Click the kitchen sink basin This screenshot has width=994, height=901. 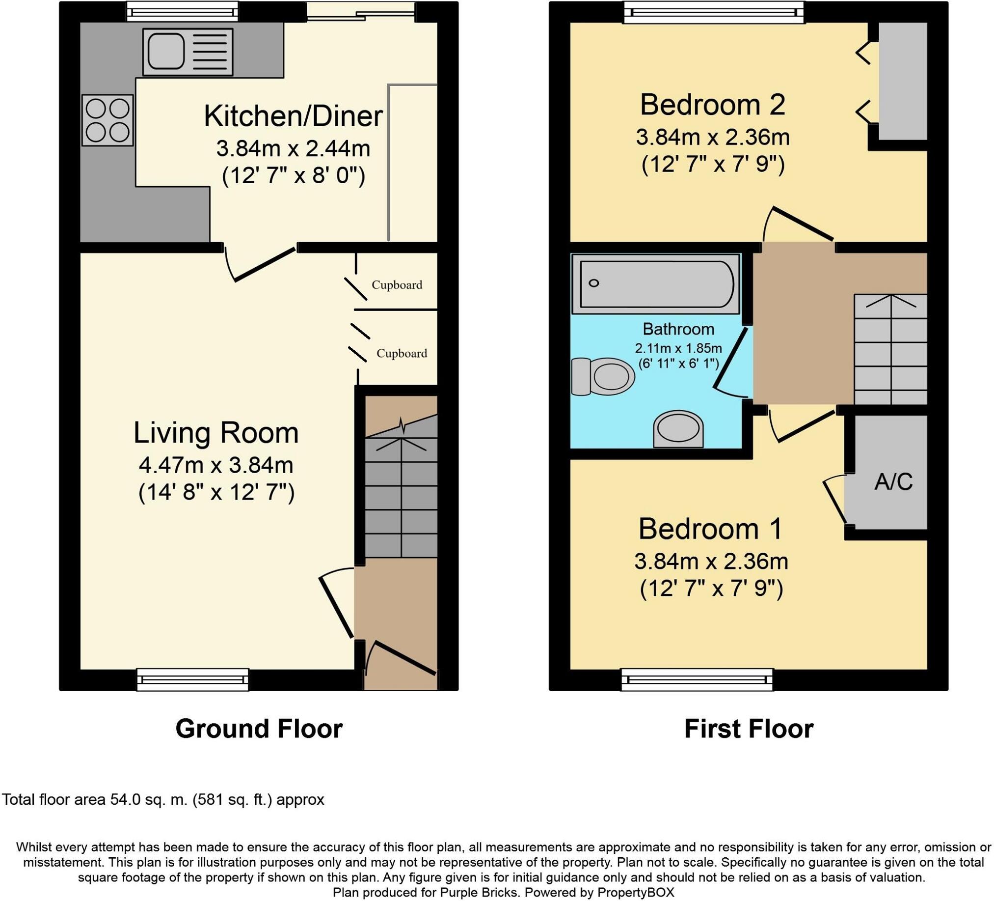pyautogui.click(x=164, y=51)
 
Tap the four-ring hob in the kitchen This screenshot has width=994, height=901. pyautogui.click(x=107, y=120)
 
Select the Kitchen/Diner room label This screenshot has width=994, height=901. pyautogui.click(x=294, y=116)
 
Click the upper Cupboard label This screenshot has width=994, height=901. pyautogui.click(x=397, y=285)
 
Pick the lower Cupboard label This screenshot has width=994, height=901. pyautogui.click(x=402, y=353)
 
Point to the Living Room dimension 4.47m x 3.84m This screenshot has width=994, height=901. pyautogui.click(x=216, y=465)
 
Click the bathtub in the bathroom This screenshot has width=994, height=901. pyautogui.click(x=656, y=284)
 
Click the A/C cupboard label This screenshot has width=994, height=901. pyautogui.click(x=893, y=481)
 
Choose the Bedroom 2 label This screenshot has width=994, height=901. pyautogui.click(x=712, y=105)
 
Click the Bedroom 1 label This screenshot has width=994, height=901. pyautogui.click(x=710, y=529)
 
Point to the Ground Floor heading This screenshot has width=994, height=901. pyautogui.click(x=259, y=729)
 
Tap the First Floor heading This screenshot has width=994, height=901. pyautogui.click(x=749, y=729)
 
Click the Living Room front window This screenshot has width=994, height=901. pyautogui.click(x=193, y=679)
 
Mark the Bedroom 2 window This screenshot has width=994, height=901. pyautogui.click(x=714, y=12)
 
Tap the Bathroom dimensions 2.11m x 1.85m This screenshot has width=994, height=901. pyautogui.click(x=678, y=348)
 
